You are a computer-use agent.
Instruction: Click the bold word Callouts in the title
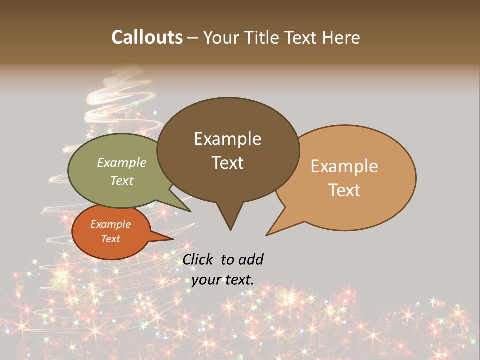pos(147,37)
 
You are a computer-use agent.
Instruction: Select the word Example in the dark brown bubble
pos(227,139)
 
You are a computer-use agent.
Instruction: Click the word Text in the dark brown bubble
pos(227,162)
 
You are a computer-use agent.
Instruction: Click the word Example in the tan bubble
pos(344,166)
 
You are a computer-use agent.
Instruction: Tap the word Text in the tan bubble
pos(344,190)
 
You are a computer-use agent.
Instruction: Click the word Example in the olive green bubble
pos(122,162)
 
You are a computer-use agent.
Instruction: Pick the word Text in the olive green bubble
pos(122,180)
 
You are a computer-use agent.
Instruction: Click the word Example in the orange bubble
pos(110,224)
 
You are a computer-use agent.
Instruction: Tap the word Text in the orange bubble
pos(110,239)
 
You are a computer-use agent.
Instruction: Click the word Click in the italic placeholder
pos(198,259)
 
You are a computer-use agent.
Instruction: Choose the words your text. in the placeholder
pos(223,280)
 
